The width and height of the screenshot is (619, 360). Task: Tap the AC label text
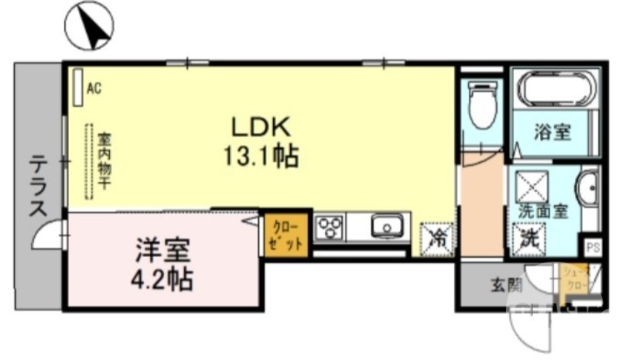coord(94,89)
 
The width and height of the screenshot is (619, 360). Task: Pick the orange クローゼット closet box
coord(287,233)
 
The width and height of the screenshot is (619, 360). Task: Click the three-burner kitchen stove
coord(330,228)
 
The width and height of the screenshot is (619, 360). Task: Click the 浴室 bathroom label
coord(552,132)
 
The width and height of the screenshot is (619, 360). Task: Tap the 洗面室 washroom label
coord(543,211)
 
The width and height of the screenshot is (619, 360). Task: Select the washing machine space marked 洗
coord(530,236)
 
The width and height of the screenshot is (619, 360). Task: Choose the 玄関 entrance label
coord(505,285)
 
